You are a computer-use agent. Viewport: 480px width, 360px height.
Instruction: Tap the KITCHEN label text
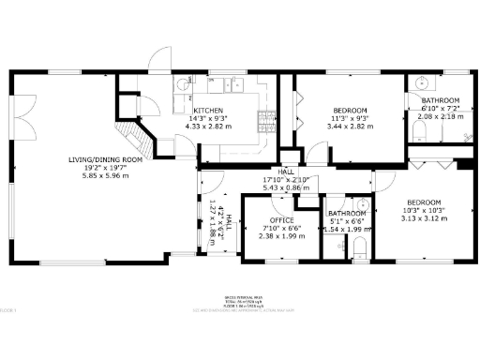207,110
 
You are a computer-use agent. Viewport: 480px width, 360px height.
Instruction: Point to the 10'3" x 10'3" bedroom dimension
424,210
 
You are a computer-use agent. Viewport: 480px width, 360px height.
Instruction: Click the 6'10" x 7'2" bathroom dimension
440,108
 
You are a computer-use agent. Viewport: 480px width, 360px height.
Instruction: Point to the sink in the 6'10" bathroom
419,82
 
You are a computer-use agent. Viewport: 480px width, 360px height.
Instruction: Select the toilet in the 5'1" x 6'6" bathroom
360,247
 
